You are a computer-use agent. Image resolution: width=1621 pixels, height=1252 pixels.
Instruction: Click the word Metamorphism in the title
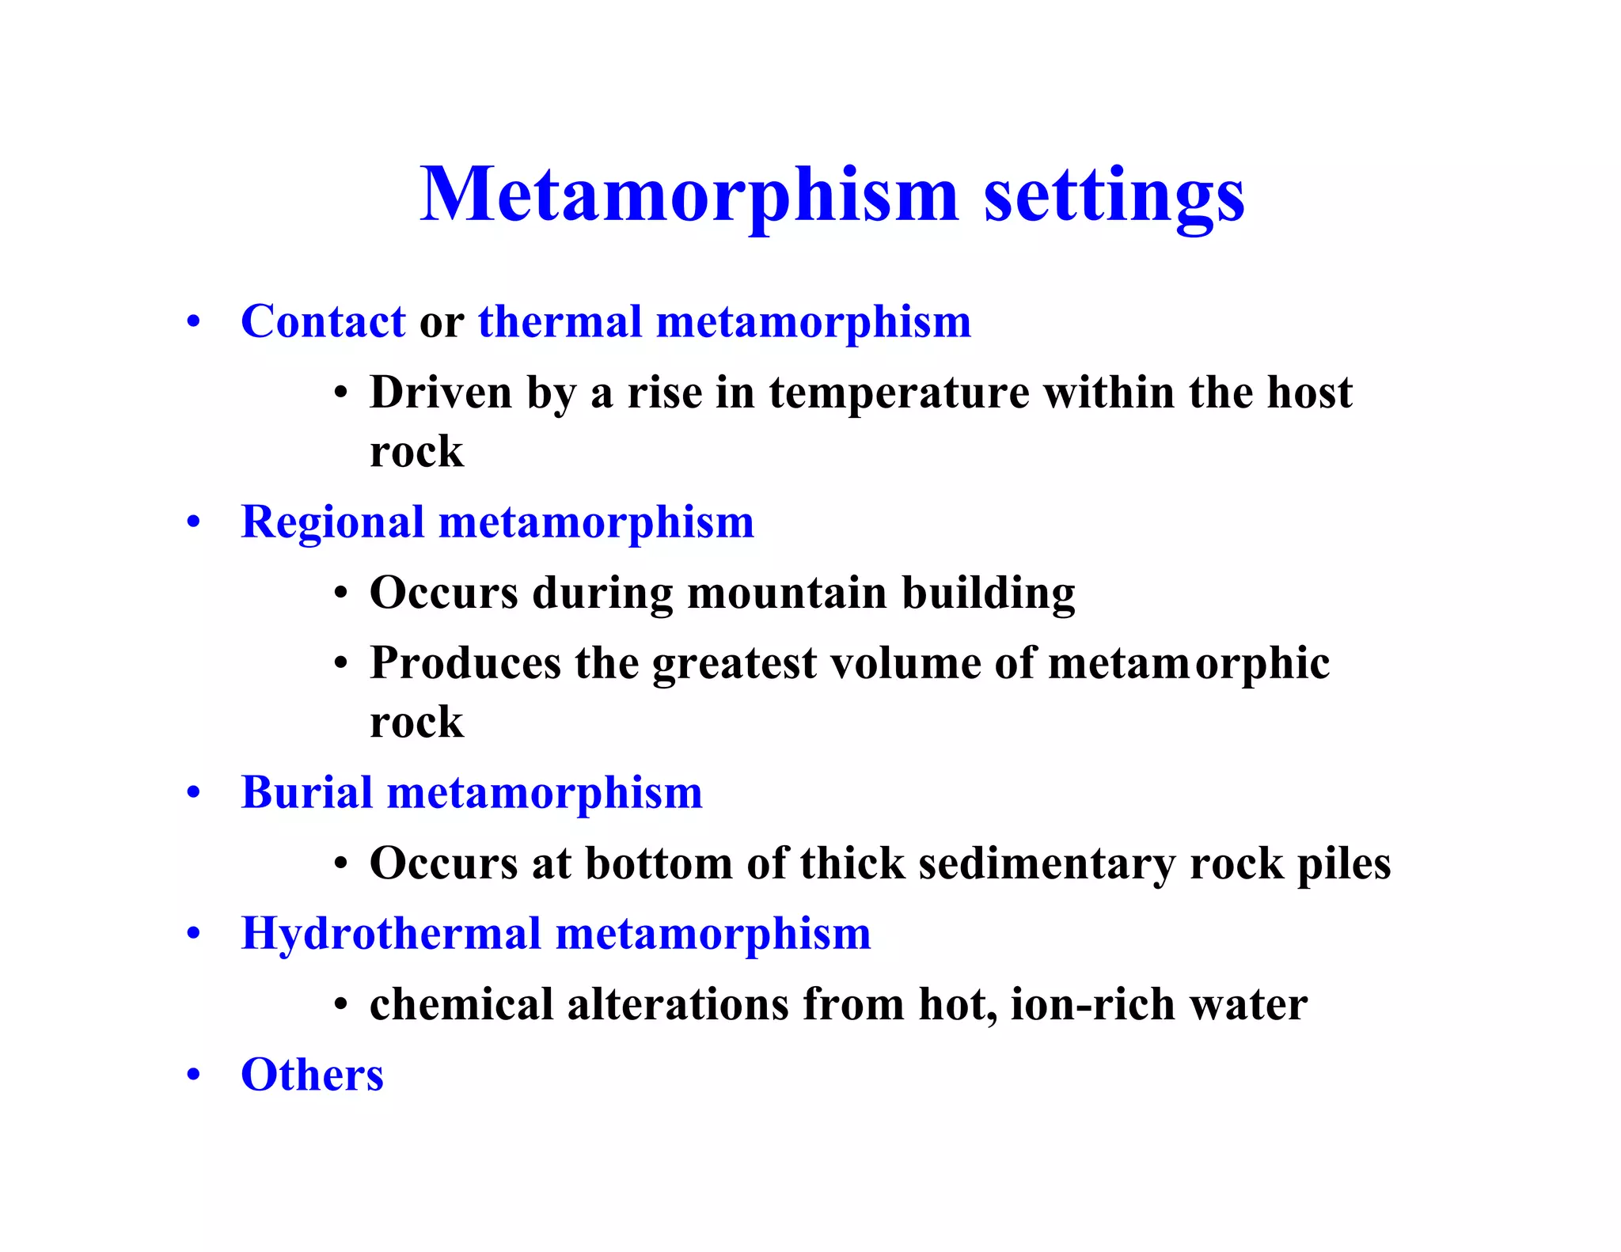tap(689, 195)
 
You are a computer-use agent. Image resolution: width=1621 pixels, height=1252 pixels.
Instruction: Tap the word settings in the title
tap(1114, 197)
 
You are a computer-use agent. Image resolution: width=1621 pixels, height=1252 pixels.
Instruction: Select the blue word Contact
tap(323, 322)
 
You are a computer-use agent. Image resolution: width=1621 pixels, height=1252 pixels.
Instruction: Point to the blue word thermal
tap(560, 322)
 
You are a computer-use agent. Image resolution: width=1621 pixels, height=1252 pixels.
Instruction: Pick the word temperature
tap(899, 393)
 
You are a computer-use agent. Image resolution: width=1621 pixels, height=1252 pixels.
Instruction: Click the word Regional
tap(332, 523)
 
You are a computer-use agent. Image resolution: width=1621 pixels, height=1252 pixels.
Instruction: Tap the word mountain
tap(787, 593)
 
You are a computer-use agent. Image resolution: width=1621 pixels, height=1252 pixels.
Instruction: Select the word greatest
tap(734, 665)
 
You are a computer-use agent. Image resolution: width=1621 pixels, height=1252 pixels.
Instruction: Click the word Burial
tap(306, 792)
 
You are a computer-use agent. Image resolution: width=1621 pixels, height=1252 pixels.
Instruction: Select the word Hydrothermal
tap(391, 934)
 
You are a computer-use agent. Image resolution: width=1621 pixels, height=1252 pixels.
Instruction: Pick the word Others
tap(312, 1076)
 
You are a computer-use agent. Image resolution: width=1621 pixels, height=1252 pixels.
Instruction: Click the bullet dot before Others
tap(193, 1076)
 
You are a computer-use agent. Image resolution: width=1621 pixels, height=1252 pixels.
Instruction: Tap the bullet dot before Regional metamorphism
tap(193, 523)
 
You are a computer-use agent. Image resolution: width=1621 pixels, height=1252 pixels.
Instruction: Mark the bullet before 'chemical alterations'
tap(340, 1006)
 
